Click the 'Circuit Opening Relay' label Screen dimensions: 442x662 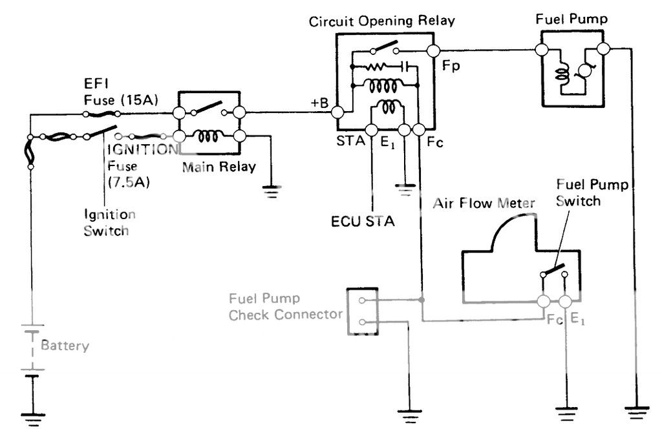click(381, 21)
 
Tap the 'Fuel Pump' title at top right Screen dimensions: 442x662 click(571, 19)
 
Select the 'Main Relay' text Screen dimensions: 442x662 click(219, 167)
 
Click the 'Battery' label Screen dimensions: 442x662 click(65, 345)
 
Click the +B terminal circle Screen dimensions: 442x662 click(337, 113)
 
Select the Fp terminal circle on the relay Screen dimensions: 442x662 click(432, 50)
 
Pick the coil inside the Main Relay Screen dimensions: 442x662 click(209, 136)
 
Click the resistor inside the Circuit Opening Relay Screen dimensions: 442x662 click(376, 66)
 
